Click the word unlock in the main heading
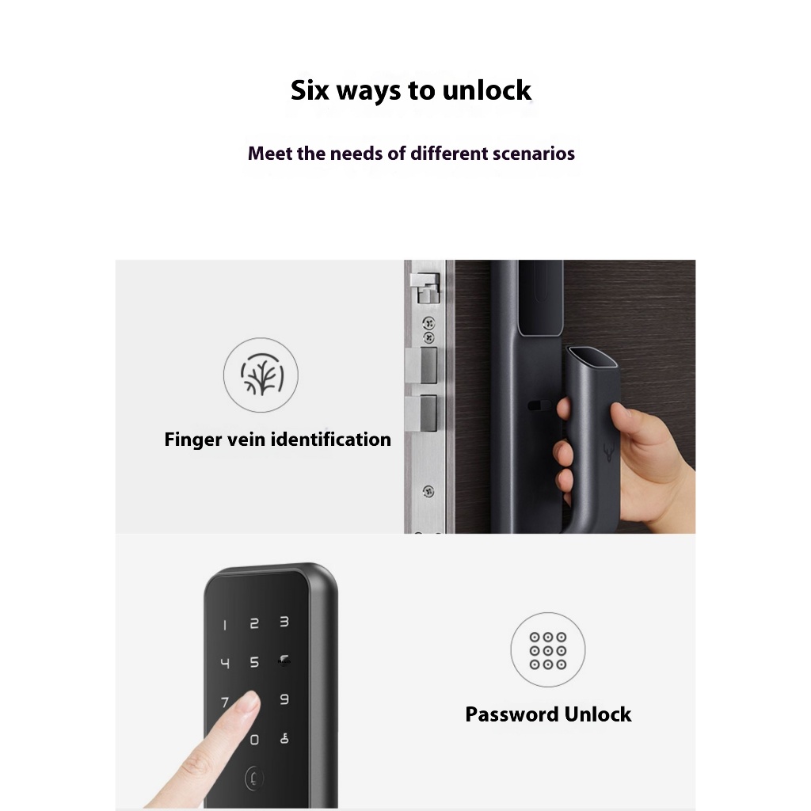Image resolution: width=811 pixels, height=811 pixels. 487,90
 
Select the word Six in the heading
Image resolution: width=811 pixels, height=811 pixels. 310,90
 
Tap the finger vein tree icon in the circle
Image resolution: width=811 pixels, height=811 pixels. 262,375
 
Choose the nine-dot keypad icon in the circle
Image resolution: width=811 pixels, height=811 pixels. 548,651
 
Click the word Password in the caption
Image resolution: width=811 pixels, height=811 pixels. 512,714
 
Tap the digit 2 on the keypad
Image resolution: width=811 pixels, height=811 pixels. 254,624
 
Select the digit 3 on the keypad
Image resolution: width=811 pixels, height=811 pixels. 284,622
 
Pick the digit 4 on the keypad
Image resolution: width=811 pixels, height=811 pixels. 225,663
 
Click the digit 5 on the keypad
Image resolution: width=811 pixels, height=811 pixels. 254,662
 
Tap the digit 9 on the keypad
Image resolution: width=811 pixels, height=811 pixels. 284,699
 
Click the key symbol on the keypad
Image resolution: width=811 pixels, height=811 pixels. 284,739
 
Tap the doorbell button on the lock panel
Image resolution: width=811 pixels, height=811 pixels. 253,778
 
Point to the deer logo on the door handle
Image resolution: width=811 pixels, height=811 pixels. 609,452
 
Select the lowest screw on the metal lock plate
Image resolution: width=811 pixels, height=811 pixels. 428,491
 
